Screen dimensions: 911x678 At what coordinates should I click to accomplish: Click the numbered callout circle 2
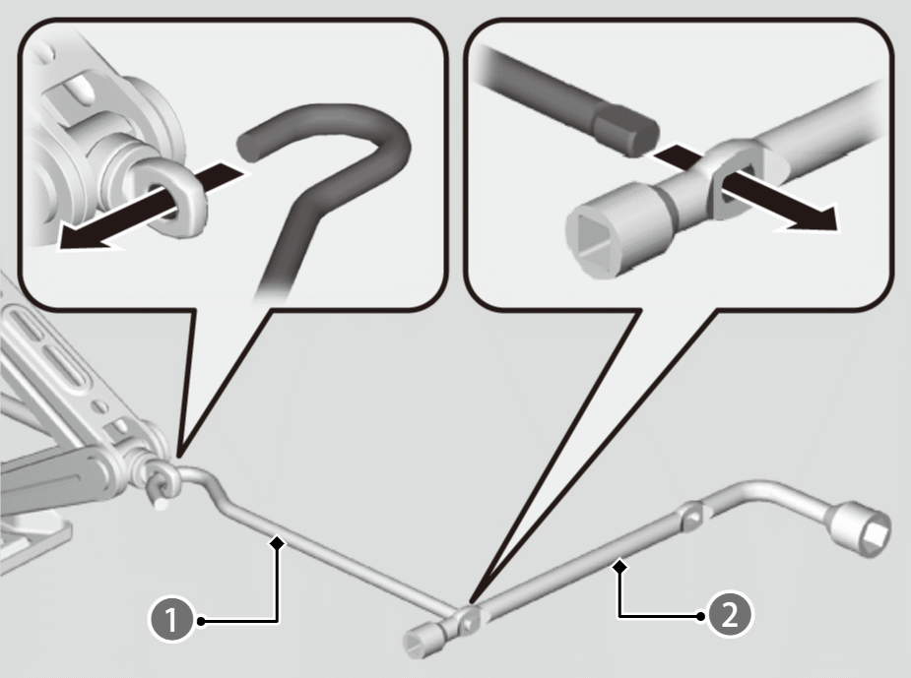(729, 615)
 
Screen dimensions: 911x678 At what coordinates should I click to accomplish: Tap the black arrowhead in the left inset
(87, 238)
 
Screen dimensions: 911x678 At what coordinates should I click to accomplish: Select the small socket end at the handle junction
(423, 639)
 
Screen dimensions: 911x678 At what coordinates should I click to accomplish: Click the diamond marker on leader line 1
(278, 543)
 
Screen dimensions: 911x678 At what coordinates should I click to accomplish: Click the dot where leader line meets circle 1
(201, 621)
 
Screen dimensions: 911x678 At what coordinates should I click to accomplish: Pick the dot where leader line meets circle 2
(701, 616)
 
